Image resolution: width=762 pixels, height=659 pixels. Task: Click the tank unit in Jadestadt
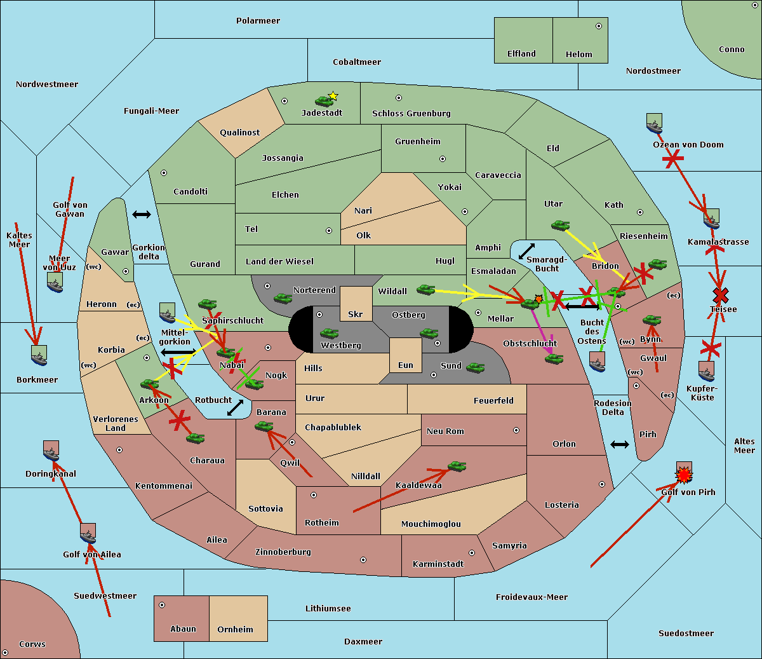pyautogui.click(x=324, y=100)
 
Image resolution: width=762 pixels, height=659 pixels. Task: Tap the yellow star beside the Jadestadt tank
pyautogui.click(x=333, y=96)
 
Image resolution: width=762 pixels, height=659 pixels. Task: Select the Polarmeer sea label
pyautogui.click(x=258, y=21)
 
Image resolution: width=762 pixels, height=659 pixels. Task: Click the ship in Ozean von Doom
pyautogui.click(x=654, y=123)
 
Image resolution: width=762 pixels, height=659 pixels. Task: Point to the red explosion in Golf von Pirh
pyautogui.click(x=684, y=474)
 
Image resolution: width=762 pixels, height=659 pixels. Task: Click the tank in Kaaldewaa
pyautogui.click(x=457, y=467)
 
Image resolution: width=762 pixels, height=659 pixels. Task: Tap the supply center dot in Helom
pyautogui.click(x=598, y=26)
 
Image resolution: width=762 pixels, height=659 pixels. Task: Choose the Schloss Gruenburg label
pyautogui.click(x=411, y=114)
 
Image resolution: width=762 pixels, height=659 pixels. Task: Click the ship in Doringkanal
pyautogui.click(x=51, y=451)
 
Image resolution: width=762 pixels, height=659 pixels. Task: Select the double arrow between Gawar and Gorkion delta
pyautogui.click(x=141, y=215)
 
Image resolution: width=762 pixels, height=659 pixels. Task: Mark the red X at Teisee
pyautogui.click(x=720, y=295)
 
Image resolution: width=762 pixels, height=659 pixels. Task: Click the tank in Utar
pyautogui.click(x=560, y=225)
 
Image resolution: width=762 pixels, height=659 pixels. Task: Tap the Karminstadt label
pyautogui.click(x=438, y=564)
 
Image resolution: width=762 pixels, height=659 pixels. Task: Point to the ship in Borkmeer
pyautogui.click(x=39, y=355)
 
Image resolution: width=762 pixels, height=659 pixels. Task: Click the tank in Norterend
pyautogui.click(x=283, y=298)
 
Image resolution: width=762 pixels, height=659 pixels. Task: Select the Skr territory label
pyautogui.click(x=356, y=314)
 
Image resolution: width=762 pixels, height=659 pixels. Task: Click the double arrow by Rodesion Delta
pyautogui.click(x=620, y=444)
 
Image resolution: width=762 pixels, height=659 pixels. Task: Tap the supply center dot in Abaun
pyautogui.click(x=162, y=605)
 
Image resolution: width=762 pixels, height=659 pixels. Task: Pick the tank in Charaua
pyautogui.click(x=195, y=438)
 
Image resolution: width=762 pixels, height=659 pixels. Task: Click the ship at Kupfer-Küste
pyautogui.click(x=707, y=371)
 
